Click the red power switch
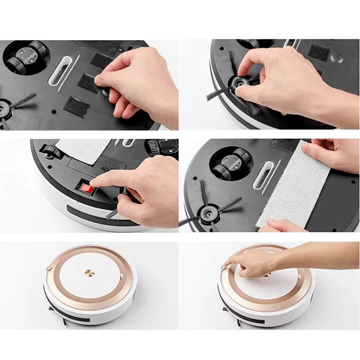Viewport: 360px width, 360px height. [85, 187]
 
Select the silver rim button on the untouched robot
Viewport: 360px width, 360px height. [48, 269]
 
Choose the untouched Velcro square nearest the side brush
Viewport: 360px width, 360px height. [77, 105]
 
